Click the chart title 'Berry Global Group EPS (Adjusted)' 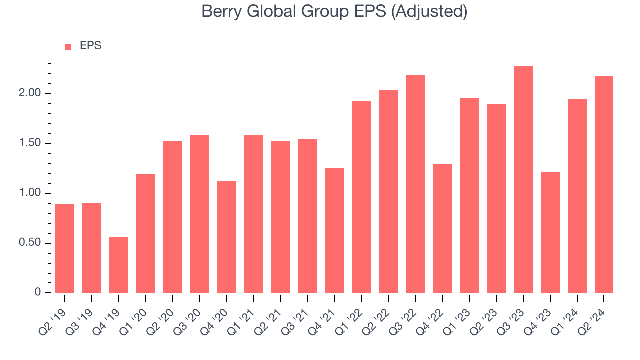pyautogui.click(x=334, y=11)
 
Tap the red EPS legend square pyautogui.click(x=68, y=47)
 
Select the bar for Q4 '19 pyautogui.click(x=119, y=265)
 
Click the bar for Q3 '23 pyautogui.click(x=523, y=179)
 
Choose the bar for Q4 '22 pyautogui.click(x=442, y=228)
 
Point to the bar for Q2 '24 pyautogui.click(x=604, y=184)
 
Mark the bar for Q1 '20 pyautogui.click(x=146, y=233)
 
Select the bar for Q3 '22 pyautogui.click(x=415, y=184)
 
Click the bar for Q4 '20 pyautogui.click(x=227, y=237)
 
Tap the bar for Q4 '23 pyautogui.click(x=550, y=232)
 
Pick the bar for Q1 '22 pyautogui.click(x=361, y=197)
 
